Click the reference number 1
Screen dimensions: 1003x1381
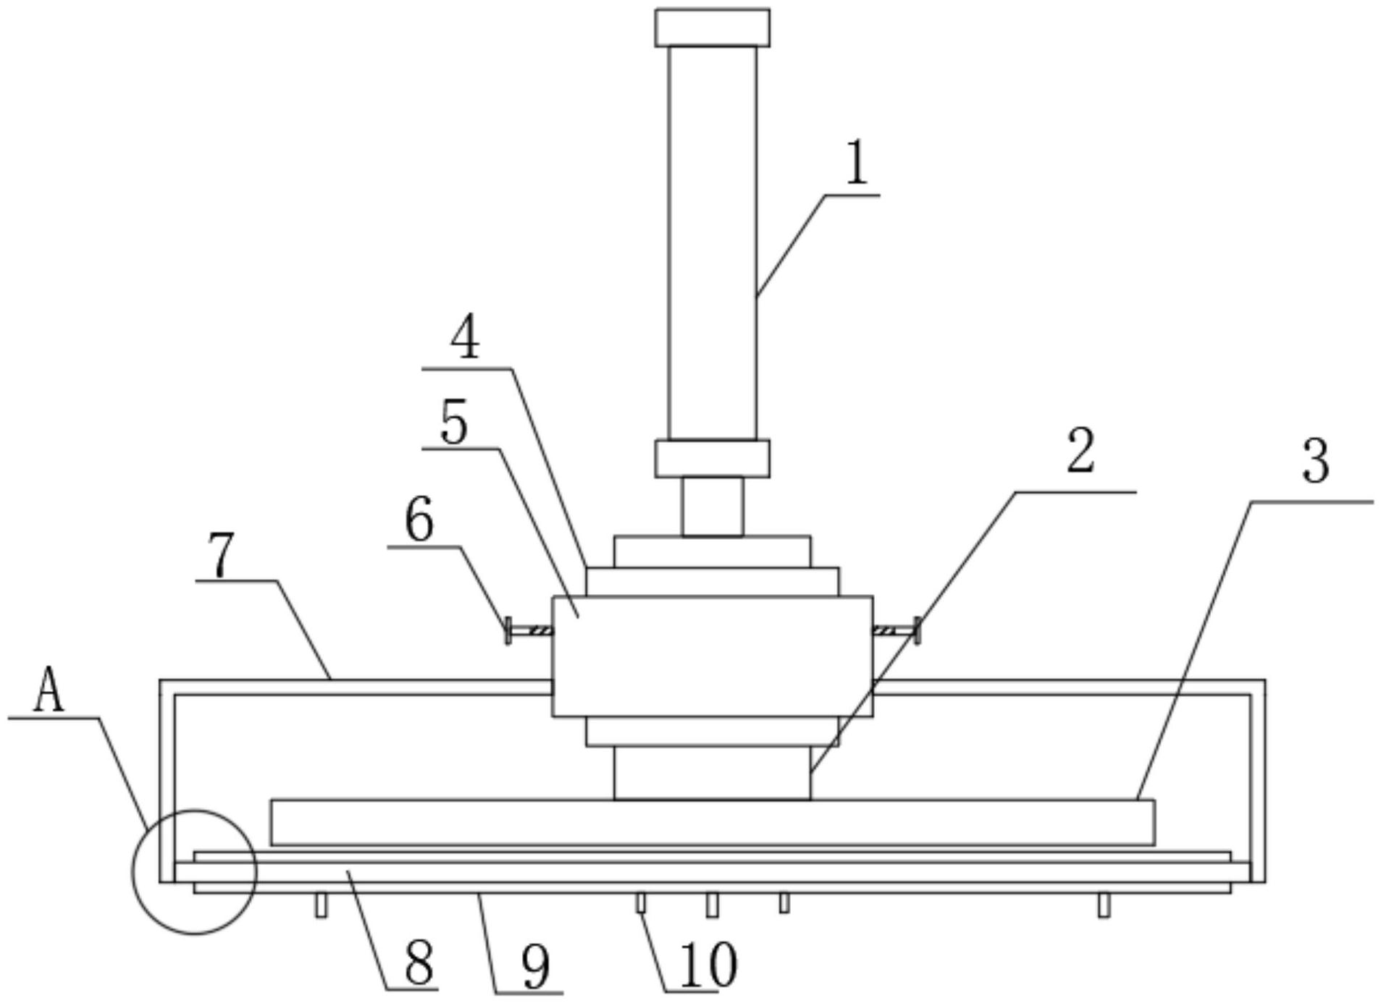click(857, 164)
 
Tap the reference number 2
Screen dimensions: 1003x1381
click(1080, 452)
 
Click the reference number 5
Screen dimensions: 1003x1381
click(454, 423)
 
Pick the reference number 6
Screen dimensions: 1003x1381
click(419, 520)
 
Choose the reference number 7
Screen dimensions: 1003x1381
click(221, 556)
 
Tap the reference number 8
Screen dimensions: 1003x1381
click(419, 962)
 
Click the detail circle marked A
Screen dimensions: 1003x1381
click(194, 872)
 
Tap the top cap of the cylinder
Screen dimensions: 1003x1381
click(712, 27)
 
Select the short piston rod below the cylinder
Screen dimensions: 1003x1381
click(712, 507)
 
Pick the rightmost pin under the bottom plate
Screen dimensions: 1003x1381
click(1103, 905)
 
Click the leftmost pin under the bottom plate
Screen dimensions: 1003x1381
click(321, 905)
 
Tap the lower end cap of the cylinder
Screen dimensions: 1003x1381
click(712, 459)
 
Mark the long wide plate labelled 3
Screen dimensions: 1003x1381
click(712, 822)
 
